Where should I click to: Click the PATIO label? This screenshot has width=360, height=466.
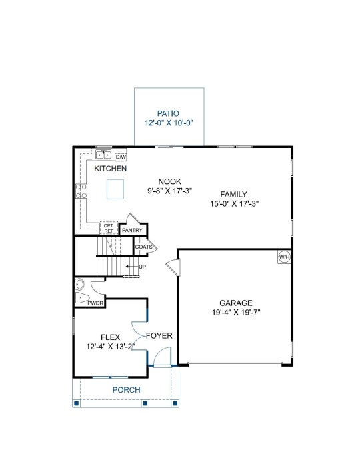168,113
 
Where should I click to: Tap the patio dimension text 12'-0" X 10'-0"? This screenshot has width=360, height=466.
169,123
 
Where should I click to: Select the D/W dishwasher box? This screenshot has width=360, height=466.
121,157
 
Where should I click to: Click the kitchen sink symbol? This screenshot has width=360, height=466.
103,155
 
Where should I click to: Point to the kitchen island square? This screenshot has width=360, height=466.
115,189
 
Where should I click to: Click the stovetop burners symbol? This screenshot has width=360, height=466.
81,191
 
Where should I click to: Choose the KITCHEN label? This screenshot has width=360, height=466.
110,169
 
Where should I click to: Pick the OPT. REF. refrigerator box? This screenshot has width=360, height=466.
109,228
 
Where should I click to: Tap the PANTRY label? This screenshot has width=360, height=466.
132,230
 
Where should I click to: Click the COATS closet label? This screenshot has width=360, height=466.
143,247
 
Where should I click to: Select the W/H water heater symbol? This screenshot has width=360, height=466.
284,257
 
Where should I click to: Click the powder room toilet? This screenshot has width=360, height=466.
83,297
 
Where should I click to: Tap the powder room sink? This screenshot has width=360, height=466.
80,285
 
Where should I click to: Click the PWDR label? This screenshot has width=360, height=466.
95,303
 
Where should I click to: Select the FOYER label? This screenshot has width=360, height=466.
159,336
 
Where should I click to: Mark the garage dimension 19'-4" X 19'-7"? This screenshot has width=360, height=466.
236,313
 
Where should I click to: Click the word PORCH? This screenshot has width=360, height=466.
127,390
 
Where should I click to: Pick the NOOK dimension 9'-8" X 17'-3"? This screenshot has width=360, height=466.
169,191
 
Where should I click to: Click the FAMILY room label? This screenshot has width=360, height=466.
233,195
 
